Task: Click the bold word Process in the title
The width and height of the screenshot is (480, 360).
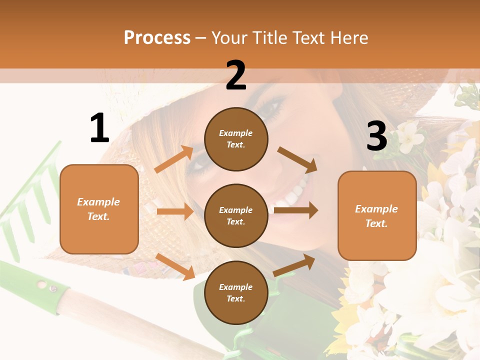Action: [157, 37]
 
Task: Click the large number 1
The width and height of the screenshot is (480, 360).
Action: [99, 128]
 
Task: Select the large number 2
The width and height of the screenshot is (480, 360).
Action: [236, 75]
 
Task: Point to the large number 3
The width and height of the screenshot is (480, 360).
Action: [377, 136]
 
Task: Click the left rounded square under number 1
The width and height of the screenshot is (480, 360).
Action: [99, 209]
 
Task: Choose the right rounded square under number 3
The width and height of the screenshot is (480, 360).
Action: [377, 215]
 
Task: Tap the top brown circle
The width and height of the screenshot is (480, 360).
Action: [236, 139]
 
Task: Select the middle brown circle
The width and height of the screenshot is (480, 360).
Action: [236, 215]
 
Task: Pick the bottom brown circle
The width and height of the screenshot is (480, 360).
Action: [236, 292]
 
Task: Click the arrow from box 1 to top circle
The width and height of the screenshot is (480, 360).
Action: [174, 159]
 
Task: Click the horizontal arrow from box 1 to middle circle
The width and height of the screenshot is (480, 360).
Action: [175, 211]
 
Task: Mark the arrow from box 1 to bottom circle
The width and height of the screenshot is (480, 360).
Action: [175, 266]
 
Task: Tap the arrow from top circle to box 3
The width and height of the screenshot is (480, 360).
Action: [297, 160]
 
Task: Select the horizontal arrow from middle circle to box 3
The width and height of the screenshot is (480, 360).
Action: [295, 210]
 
